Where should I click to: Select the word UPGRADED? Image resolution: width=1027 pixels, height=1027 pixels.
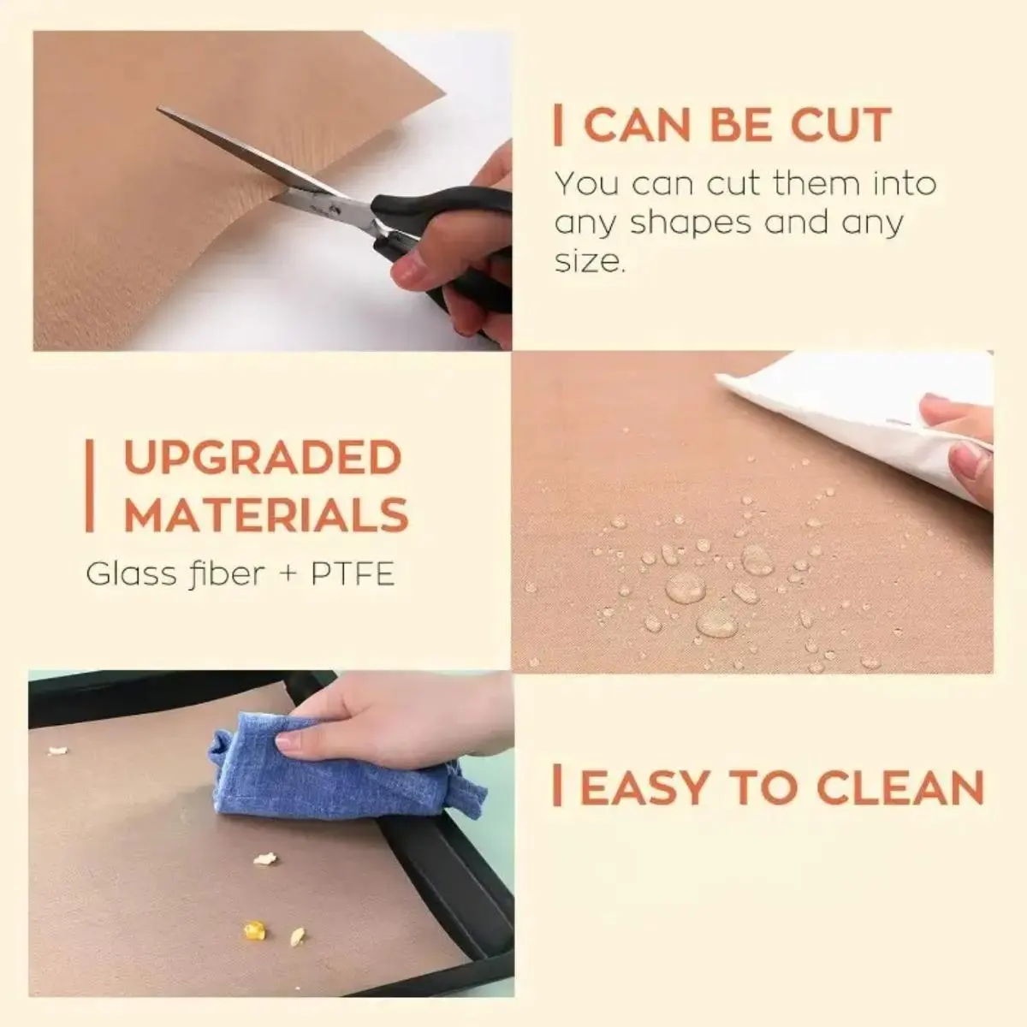click(x=263, y=457)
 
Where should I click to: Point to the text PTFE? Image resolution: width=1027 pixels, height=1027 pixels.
click(x=353, y=574)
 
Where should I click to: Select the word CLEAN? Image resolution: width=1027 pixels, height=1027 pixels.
click(x=900, y=787)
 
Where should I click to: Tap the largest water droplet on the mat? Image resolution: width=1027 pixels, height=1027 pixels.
click(x=686, y=588)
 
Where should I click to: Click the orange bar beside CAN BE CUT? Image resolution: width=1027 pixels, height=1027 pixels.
click(x=557, y=125)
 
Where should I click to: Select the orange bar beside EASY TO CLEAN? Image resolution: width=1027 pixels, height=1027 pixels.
click(x=557, y=787)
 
